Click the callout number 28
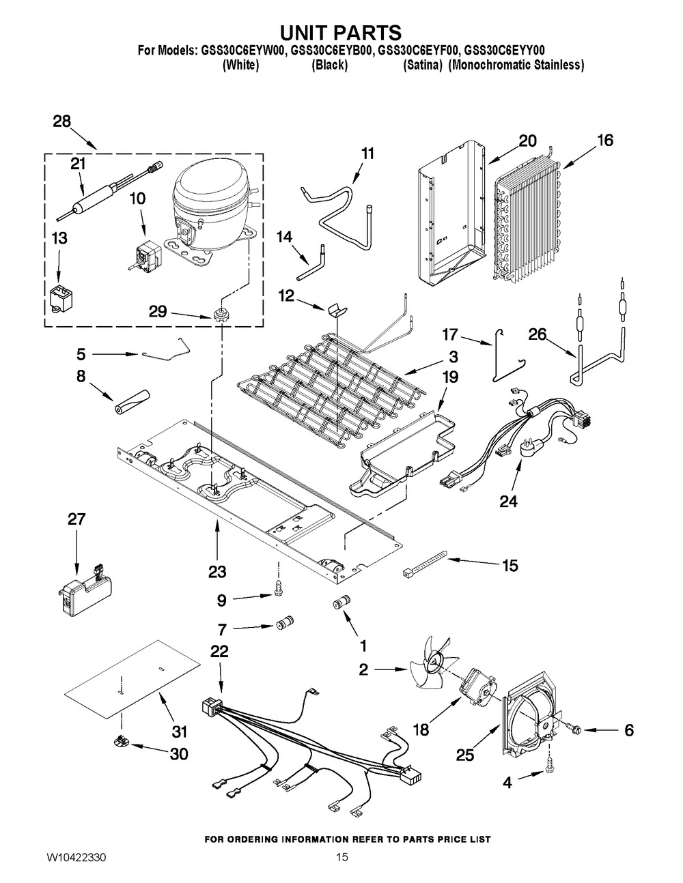(x=62, y=121)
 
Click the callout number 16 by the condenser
(x=604, y=141)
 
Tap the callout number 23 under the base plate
(x=218, y=571)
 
